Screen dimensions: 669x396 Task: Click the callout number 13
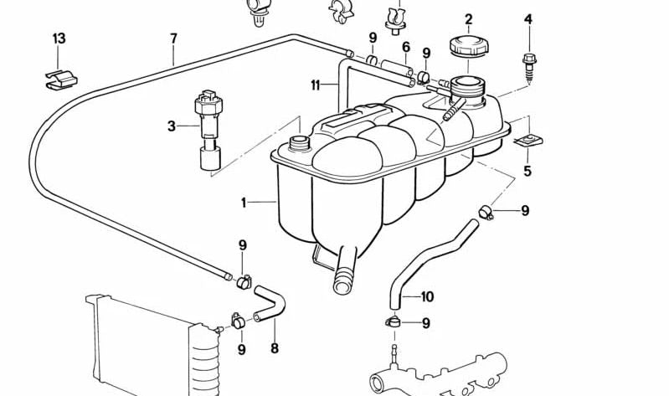(59, 39)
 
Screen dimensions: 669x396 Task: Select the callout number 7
(173, 39)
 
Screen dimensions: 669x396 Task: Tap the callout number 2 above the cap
(469, 19)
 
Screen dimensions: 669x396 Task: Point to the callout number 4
(528, 19)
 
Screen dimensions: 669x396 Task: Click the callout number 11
(315, 85)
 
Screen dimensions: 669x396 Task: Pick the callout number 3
(171, 126)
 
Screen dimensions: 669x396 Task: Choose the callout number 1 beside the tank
(243, 203)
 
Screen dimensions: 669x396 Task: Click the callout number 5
(527, 171)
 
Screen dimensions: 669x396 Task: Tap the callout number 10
(427, 296)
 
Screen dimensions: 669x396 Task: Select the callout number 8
(275, 348)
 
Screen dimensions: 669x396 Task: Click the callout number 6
(406, 47)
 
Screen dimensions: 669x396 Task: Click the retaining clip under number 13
(61, 80)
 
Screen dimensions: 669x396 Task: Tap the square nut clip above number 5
(528, 141)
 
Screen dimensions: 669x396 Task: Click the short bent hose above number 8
(270, 304)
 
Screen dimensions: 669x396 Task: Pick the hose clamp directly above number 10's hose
(486, 212)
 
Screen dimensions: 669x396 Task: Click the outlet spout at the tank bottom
(345, 271)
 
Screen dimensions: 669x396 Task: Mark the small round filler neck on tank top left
(298, 143)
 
